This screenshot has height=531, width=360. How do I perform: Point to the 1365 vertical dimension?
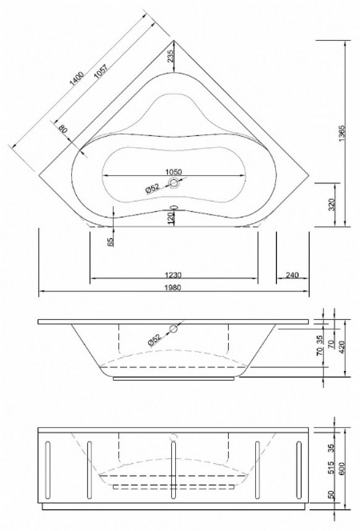coord(342,133)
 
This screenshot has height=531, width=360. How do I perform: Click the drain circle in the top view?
coord(175,186)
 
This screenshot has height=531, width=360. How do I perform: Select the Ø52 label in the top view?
coord(154,187)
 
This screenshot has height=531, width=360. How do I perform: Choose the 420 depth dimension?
coord(342,346)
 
